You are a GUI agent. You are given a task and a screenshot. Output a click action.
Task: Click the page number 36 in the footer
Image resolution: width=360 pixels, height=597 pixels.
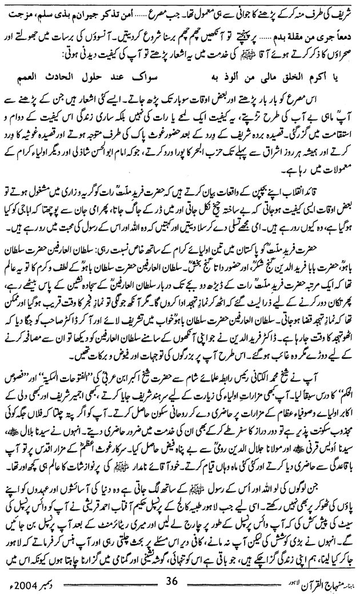[171, 584]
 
